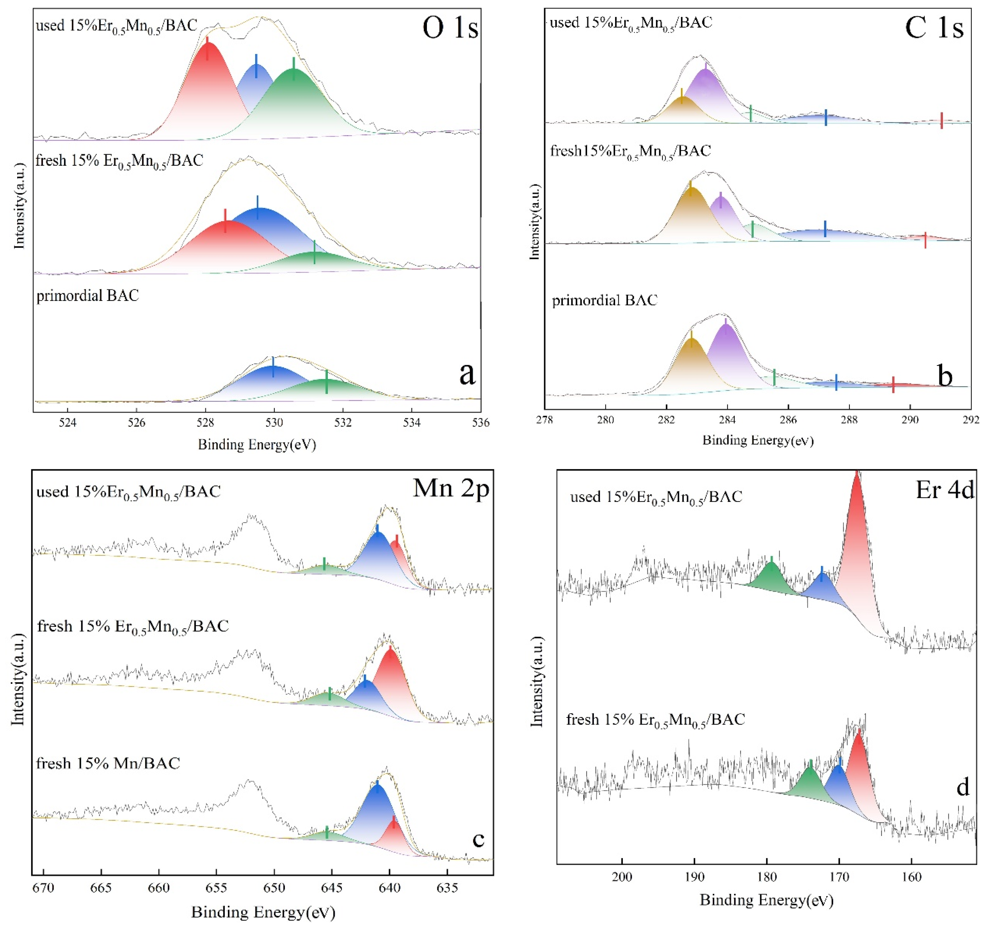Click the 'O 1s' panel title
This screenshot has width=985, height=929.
[x=450, y=28]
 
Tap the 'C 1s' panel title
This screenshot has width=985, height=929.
[x=933, y=28]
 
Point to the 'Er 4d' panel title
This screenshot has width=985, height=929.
[x=944, y=490]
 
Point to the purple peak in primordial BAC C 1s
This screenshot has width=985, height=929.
[x=726, y=347]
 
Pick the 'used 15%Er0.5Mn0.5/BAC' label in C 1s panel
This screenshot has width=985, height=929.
[x=631, y=22]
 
